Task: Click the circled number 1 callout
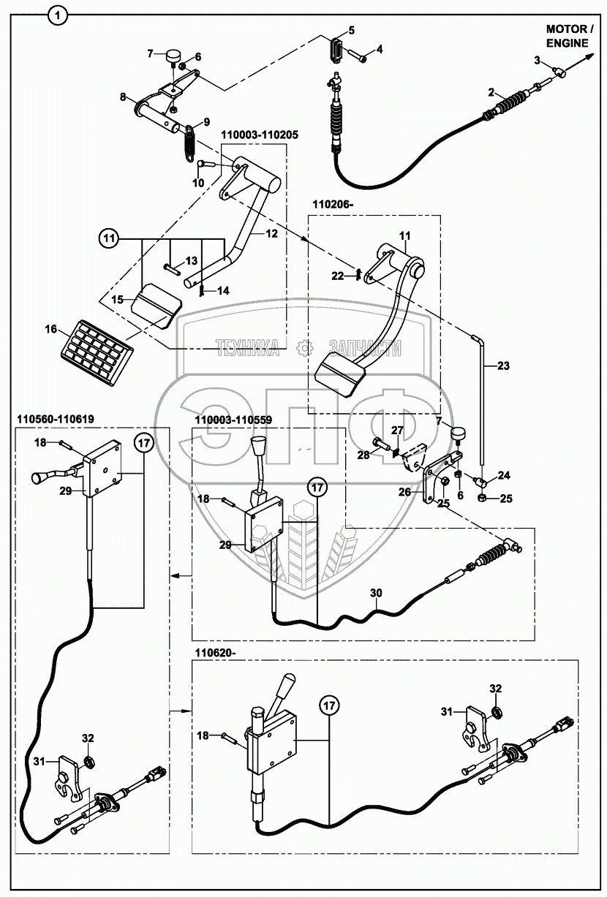pyautogui.click(x=59, y=14)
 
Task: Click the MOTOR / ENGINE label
pyautogui.click(x=570, y=36)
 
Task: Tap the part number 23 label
pyautogui.click(x=504, y=364)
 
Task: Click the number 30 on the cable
pyautogui.click(x=375, y=594)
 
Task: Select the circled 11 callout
pyautogui.click(x=109, y=238)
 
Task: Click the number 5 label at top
pyautogui.click(x=351, y=29)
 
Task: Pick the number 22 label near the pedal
pyautogui.click(x=337, y=276)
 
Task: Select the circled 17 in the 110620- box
pyautogui.click(x=329, y=706)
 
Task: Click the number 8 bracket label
pyautogui.click(x=123, y=96)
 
